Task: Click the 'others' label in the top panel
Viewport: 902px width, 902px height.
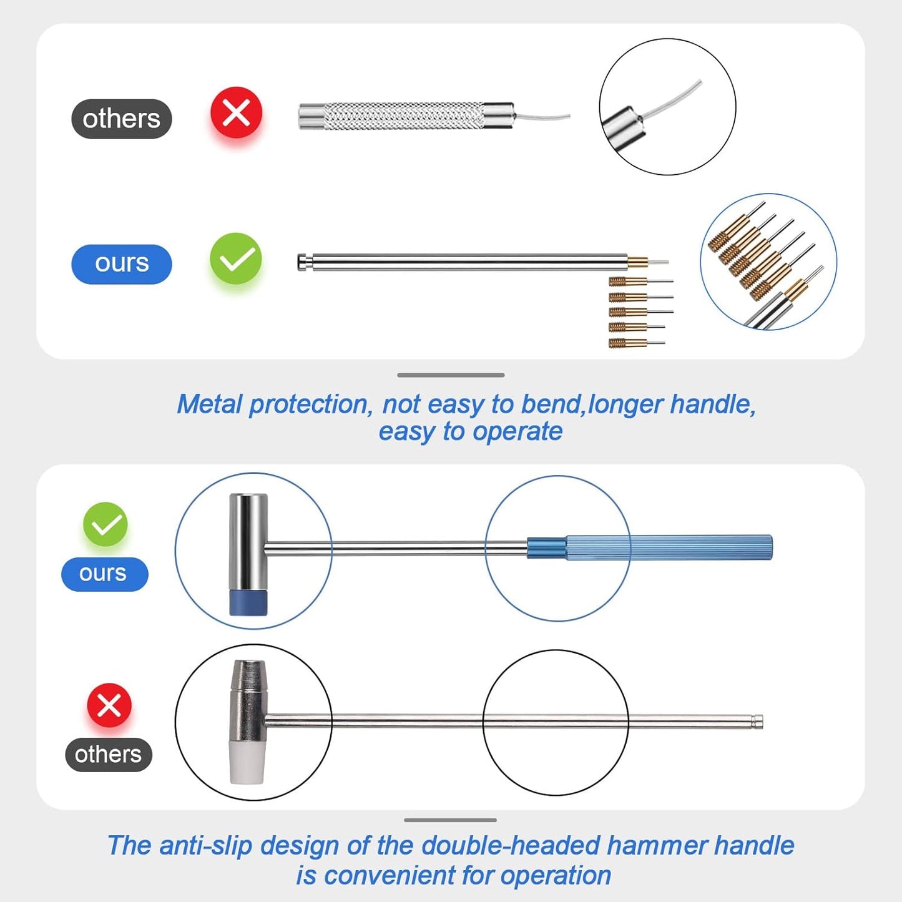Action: tap(121, 119)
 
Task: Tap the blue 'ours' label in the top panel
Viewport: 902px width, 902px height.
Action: tap(121, 263)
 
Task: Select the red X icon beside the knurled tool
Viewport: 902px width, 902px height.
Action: tap(236, 113)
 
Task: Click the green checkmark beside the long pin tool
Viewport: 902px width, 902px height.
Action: tap(235, 258)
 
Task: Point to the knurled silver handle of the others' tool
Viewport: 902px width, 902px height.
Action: tap(403, 116)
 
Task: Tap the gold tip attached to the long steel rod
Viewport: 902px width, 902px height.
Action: tap(637, 262)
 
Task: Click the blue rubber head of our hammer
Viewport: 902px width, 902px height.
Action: tap(248, 602)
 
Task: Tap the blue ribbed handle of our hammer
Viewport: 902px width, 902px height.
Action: tap(668, 547)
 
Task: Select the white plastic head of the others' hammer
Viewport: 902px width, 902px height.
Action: tap(248, 762)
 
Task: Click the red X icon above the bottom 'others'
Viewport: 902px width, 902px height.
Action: tap(109, 705)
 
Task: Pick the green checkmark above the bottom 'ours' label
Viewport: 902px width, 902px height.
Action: tap(105, 524)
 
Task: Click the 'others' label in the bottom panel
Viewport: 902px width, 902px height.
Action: tap(108, 754)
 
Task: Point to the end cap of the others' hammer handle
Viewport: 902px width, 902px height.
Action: tap(757, 722)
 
